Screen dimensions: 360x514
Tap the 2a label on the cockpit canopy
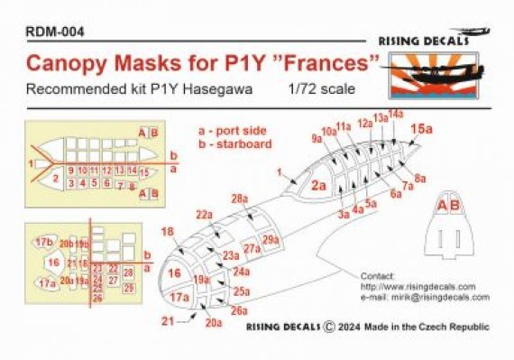[x=318, y=186]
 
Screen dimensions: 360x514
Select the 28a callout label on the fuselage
[x=239, y=198]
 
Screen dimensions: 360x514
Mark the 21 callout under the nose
[x=167, y=320]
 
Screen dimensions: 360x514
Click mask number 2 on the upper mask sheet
[x=55, y=179]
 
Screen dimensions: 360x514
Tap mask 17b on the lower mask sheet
[x=43, y=243]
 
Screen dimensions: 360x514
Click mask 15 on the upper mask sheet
[x=144, y=171]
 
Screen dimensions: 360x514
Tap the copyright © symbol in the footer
[x=329, y=328]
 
